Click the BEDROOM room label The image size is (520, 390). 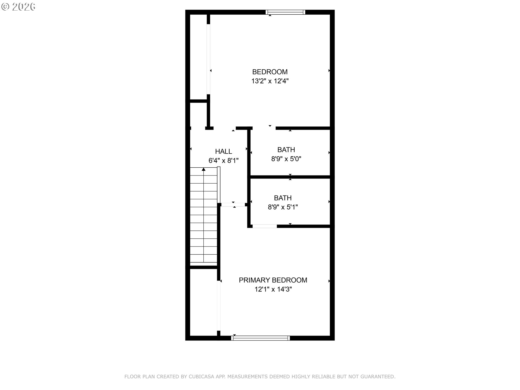270,72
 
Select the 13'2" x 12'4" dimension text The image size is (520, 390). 270,81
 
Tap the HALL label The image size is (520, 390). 223,151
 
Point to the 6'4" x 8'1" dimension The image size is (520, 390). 223,161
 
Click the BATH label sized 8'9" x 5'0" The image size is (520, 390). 286,150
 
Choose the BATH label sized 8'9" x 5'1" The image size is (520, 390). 283,198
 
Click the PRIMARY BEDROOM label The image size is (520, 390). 273,280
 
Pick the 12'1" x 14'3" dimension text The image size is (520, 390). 273,289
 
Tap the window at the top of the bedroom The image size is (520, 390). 285,12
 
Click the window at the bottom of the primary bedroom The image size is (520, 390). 260,338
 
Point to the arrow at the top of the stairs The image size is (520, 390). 203,169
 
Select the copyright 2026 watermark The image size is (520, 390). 18,7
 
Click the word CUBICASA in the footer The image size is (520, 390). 201,376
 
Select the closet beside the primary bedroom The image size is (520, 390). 203,302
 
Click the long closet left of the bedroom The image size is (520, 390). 198,57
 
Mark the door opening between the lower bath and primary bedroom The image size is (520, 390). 265,226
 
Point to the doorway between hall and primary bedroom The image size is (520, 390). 233,204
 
